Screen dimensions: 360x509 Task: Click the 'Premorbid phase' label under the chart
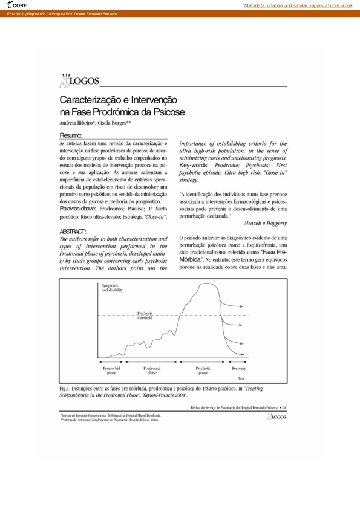(x=111, y=371)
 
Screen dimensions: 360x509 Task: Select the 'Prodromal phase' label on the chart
(x=151, y=371)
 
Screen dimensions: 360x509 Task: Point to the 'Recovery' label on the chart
(x=239, y=368)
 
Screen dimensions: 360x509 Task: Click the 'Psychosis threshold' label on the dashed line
(x=145, y=314)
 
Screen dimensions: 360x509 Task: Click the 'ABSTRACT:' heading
(x=73, y=232)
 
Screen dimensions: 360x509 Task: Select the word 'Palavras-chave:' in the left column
(x=78, y=208)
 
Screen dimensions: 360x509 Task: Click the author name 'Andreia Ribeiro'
(x=77, y=122)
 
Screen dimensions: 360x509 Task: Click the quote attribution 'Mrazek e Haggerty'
(x=264, y=222)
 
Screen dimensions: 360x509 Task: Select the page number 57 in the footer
(x=285, y=407)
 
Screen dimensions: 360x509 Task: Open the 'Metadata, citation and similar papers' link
(x=298, y=5)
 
